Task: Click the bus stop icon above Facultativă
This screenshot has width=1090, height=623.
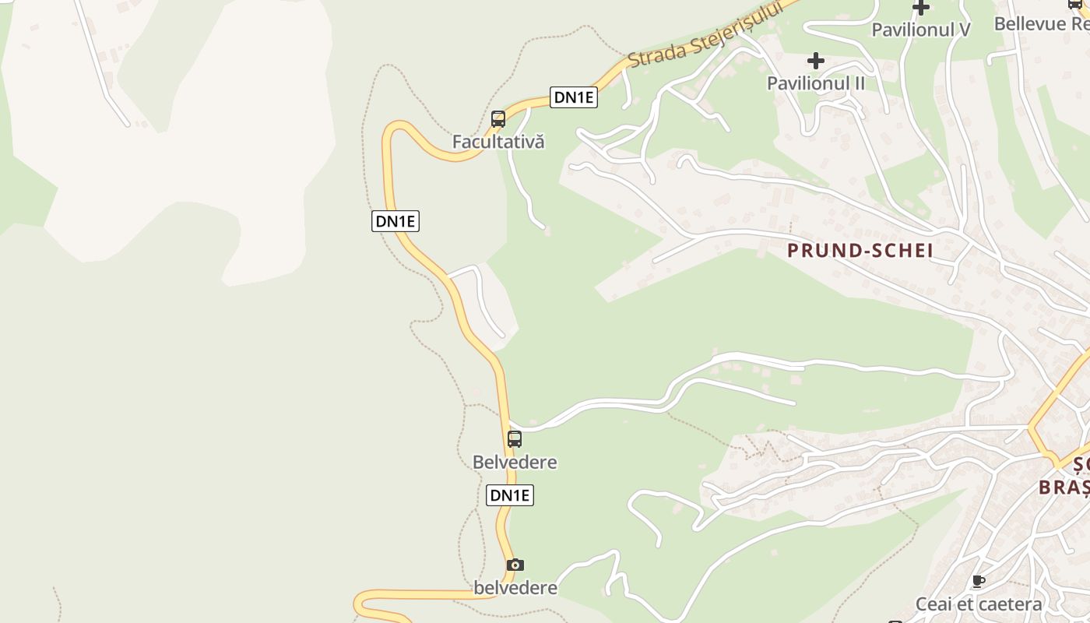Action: (498, 119)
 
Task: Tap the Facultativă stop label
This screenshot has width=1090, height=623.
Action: (498, 142)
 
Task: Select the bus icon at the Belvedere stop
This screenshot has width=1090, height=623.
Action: (515, 438)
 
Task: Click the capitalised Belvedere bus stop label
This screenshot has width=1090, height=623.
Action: (515, 462)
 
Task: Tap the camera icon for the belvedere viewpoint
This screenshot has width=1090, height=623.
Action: (515, 565)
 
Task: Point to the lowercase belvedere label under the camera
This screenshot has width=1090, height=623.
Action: (515, 587)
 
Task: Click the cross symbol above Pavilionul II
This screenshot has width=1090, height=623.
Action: (815, 61)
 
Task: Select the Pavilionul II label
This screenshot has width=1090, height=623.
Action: (815, 83)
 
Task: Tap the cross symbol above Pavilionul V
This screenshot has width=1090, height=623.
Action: (921, 8)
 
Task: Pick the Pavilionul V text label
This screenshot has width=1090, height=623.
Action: (921, 30)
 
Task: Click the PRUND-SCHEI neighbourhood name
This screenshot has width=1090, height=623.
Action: (860, 250)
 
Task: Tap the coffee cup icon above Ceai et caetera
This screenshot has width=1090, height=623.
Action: (979, 581)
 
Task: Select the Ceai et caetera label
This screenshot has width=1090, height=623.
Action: (979, 604)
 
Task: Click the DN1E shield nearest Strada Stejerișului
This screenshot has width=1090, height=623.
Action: (574, 97)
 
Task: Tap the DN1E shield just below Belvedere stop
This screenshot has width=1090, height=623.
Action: (510, 495)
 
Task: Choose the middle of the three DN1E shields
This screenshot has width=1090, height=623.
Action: (396, 221)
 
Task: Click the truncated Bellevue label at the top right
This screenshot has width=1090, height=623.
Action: (1041, 23)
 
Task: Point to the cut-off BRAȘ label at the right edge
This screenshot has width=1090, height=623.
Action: (1064, 487)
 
